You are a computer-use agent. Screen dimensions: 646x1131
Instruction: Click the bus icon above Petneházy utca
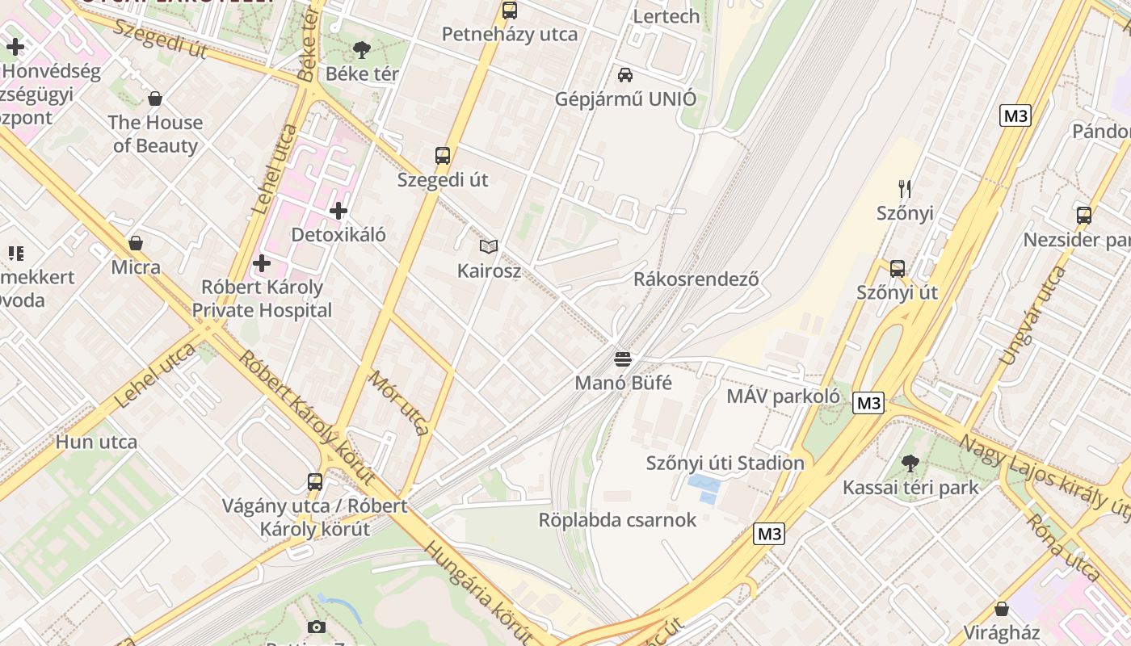coord(510,10)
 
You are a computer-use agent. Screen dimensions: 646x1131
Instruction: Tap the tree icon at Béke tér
coord(362,50)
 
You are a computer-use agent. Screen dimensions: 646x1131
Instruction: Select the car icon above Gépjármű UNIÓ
coord(624,75)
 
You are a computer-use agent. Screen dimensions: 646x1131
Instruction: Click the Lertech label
coord(666,16)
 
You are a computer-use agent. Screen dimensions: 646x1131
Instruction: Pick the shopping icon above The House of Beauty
coord(155,99)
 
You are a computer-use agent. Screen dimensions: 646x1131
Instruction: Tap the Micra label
coord(136,267)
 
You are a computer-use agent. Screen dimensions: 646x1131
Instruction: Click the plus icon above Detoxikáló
coord(338,212)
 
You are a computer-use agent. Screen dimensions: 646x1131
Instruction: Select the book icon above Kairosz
coord(489,246)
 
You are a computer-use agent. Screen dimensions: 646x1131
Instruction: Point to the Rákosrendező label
coord(696,279)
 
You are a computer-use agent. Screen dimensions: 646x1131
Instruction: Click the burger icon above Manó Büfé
coord(622,359)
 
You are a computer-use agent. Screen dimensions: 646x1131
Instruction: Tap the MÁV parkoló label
coord(783,396)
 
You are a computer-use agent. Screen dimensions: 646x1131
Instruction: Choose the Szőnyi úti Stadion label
coord(725,464)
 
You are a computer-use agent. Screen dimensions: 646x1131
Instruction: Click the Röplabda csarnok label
coord(617,520)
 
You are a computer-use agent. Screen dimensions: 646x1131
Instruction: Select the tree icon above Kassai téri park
coord(910,464)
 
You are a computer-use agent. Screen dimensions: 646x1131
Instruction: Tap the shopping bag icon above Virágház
coord(1002,609)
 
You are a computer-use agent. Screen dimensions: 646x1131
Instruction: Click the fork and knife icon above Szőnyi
coord(905,189)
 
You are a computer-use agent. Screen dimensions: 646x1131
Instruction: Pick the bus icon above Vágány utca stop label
coord(315,482)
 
